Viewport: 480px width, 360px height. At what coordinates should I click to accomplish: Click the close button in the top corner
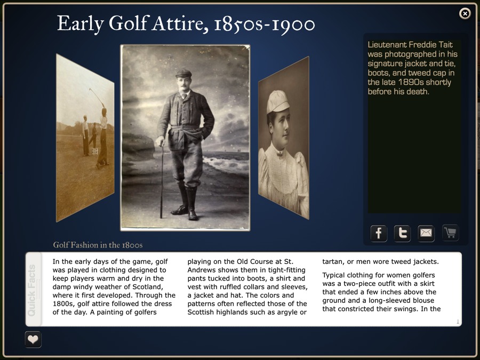tap(465, 13)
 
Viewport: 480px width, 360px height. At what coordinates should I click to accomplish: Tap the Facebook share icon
tap(379, 233)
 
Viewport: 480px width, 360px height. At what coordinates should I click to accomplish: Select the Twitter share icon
tap(402, 233)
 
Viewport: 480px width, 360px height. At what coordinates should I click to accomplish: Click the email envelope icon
tap(426, 233)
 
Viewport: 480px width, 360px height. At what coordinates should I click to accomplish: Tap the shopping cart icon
tap(450, 232)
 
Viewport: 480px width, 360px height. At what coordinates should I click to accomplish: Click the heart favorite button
tap(33, 339)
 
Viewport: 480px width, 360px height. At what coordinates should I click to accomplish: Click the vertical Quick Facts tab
tap(33, 289)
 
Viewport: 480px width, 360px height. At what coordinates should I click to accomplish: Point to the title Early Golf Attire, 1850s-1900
tap(186, 23)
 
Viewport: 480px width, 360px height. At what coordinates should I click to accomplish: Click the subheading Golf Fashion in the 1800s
tap(98, 245)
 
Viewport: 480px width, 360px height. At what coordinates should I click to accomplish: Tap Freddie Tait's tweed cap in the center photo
tap(183, 72)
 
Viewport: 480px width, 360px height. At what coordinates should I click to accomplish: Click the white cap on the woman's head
tap(277, 101)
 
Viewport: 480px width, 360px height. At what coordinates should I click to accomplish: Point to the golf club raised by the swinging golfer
tap(96, 95)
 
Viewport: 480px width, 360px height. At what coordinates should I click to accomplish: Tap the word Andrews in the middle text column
tap(202, 270)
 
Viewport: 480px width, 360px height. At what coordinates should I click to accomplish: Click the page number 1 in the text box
tap(458, 321)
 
